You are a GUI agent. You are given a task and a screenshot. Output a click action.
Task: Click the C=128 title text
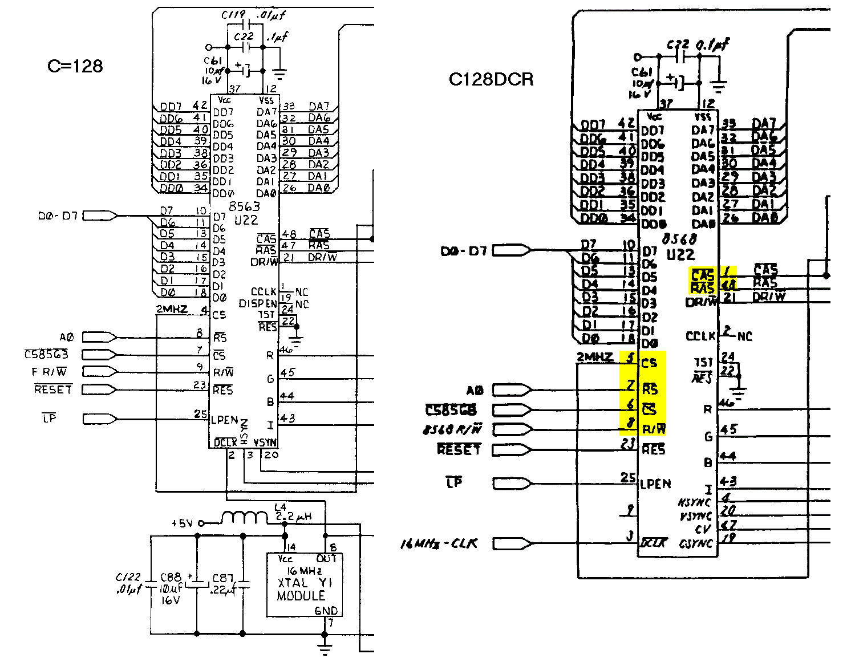[x=75, y=66]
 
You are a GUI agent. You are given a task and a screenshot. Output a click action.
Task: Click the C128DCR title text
[x=491, y=79]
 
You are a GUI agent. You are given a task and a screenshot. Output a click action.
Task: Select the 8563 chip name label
[x=244, y=207]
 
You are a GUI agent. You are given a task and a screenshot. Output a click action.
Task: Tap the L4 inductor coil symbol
[x=244, y=517]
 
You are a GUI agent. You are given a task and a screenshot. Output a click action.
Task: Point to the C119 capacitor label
[x=233, y=16]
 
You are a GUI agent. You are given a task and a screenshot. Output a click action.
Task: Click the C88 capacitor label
[x=171, y=578]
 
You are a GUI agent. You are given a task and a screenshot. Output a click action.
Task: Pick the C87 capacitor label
[x=222, y=578]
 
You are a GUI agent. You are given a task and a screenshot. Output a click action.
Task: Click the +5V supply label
[x=182, y=523]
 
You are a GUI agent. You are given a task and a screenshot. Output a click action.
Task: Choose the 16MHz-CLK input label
[x=439, y=544]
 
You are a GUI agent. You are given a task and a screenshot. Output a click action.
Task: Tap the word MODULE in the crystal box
[x=301, y=596]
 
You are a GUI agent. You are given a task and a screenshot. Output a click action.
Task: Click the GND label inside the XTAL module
[x=326, y=611]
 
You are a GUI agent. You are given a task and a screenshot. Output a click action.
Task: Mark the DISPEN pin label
[x=258, y=304]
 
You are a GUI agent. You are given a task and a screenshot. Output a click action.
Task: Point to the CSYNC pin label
[x=696, y=543]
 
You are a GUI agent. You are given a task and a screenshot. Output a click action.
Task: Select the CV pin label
[x=703, y=530]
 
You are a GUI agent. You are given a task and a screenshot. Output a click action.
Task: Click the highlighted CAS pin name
[x=702, y=274]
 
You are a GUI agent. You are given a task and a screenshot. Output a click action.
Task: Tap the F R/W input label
[x=49, y=372]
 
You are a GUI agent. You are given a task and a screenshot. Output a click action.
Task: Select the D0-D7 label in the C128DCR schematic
[x=464, y=251]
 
